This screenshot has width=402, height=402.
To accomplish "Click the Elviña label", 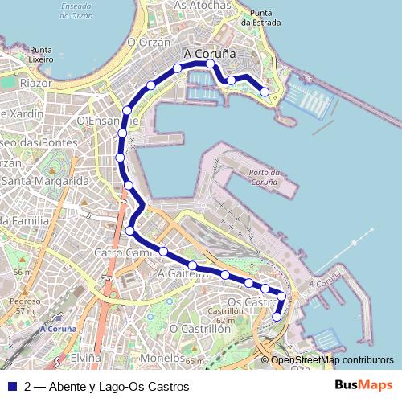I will [x=85, y=355].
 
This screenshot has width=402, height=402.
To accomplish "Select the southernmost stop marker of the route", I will [x=277, y=317].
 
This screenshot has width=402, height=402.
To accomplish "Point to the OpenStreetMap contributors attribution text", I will [x=332, y=360].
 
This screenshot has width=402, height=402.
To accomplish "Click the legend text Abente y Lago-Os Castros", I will [x=118, y=387].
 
